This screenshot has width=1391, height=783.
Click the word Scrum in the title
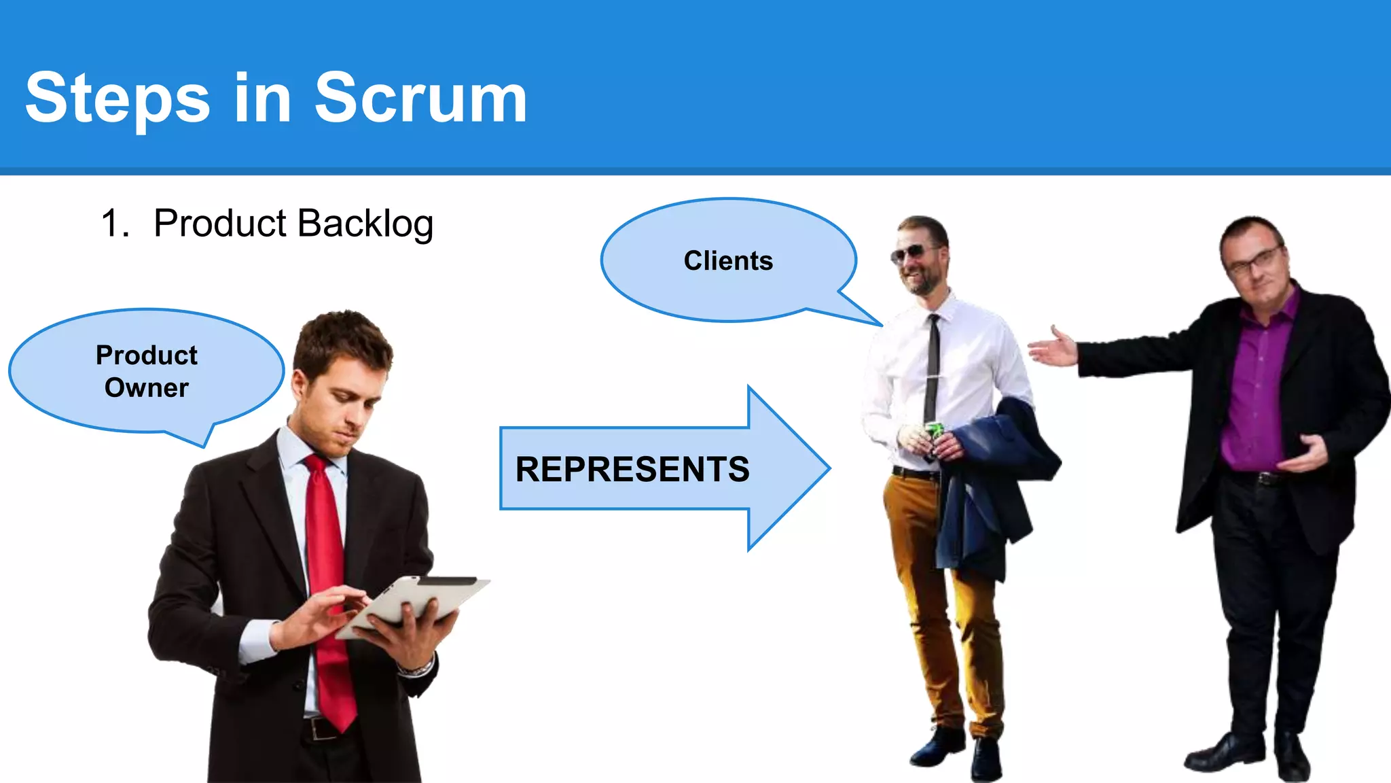(420, 99)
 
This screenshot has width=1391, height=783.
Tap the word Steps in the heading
(118, 99)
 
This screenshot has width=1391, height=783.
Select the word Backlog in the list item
(365, 224)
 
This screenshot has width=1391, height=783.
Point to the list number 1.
(113, 224)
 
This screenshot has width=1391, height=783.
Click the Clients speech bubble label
(728, 261)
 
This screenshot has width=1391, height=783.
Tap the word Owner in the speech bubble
(147, 387)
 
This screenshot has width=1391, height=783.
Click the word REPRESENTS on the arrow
(632, 469)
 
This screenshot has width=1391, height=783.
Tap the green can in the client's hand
(935, 431)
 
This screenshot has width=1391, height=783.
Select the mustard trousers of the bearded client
(931, 578)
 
